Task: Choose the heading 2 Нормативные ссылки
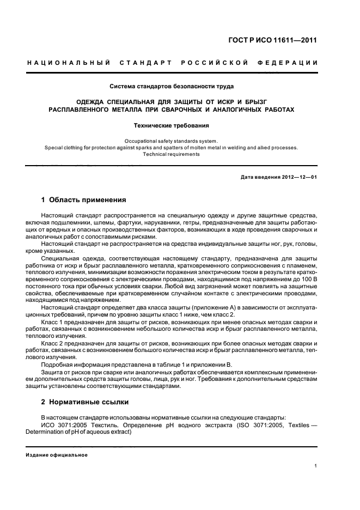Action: pos(85,403)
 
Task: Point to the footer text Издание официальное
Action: pos(57,455)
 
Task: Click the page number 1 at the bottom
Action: pos(316,466)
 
